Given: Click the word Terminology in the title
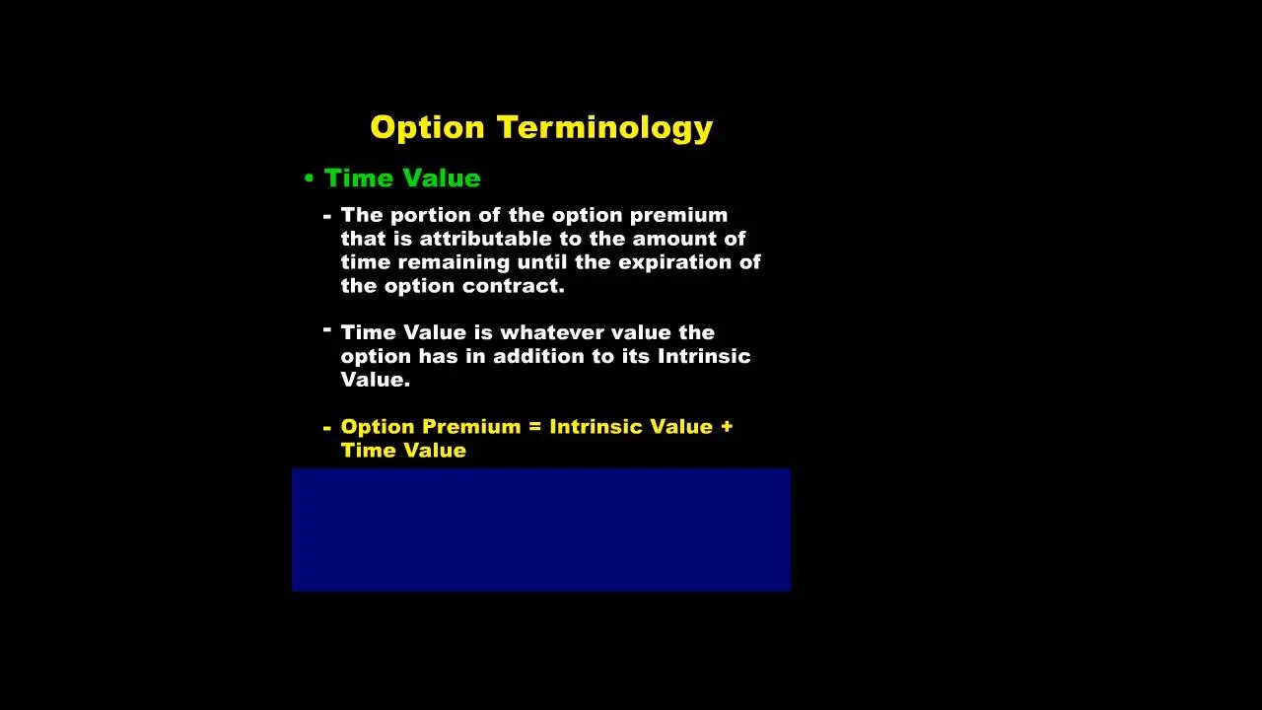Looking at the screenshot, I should (x=604, y=127).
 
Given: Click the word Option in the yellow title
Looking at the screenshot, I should (x=428, y=127).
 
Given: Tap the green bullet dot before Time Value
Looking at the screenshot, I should (x=309, y=178).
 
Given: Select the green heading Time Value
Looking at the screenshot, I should (x=402, y=178).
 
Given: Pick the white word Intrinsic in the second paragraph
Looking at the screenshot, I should (x=704, y=356).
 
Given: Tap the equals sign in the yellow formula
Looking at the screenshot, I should (x=535, y=427).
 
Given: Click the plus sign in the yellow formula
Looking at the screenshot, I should (x=727, y=427).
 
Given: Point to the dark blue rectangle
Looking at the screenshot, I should (x=540, y=530).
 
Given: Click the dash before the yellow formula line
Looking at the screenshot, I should (x=326, y=428).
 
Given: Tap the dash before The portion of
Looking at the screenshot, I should (x=326, y=216).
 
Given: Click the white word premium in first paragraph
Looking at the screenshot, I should (x=678, y=215).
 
